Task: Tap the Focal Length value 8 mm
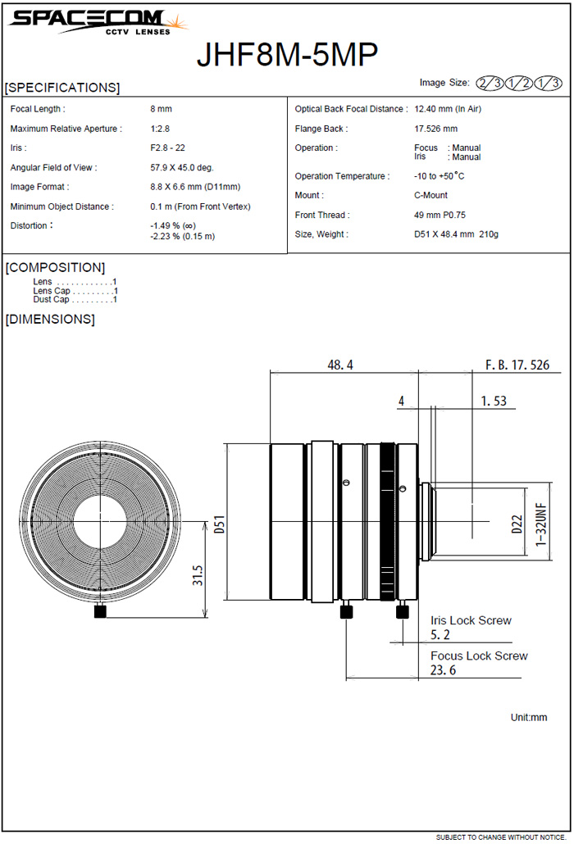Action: pyautogui.click(x=161, y=109)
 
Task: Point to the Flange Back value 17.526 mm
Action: pyautogui.click(x=436, y=129)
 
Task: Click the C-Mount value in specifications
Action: pyautogui.click(x=431, y=196)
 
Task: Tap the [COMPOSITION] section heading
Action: pyautogui.click(x=55, y=267)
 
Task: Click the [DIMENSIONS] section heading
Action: pyautogui.click(x=50, y=319)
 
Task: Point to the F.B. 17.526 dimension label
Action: pyautogui.click(x=517, y=365)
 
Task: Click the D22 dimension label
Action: pyautogui.click(x=517, y=523)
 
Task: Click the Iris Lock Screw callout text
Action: pyautogui.click(x=471, y=620)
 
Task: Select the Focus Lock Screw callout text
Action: pyautogui.click(x=479, y=656)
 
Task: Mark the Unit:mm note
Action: pyautogui.click(x=528, y=717)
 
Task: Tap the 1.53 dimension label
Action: pyautogui.click(x=494, y=402)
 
